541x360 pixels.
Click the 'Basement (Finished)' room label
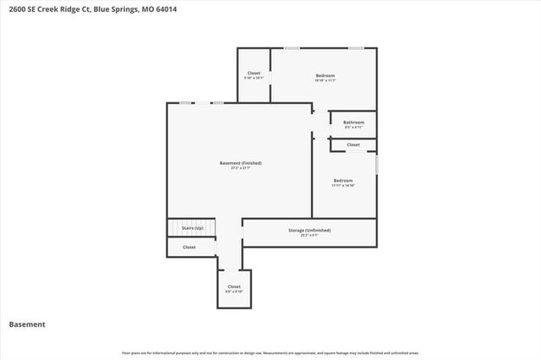(240, 162)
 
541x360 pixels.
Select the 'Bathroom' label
(353, 123)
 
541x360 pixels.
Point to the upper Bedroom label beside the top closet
(325, 74)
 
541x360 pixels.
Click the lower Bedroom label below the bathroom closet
(342, 180)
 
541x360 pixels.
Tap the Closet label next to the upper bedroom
(254, 73)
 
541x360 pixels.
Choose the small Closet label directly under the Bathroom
(353, 145)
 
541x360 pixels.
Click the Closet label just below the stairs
(189, 247)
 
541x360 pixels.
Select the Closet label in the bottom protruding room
(234, 286)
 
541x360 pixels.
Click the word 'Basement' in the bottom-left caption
(26, 325)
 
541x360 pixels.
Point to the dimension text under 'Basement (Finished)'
(240, 168)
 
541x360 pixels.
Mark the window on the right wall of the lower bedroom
(376, 163)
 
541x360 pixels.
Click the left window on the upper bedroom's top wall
(291, 48)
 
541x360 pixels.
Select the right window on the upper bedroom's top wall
(357, 48)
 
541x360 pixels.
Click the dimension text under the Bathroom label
(353, 128)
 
